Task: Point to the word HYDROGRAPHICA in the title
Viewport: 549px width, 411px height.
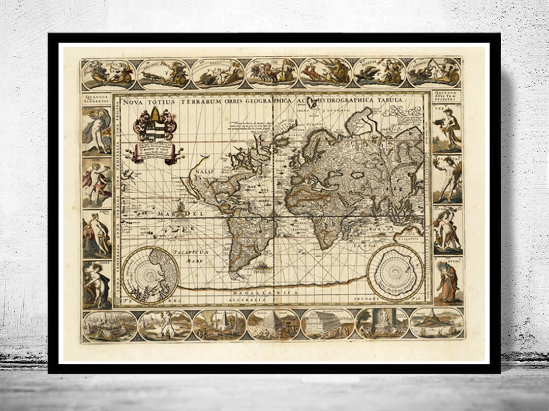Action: [x=347, y=100]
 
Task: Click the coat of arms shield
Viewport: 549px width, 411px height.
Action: [x=155, y=127]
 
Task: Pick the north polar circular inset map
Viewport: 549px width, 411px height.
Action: [x=150, y=275]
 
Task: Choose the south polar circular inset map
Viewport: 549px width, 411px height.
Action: [x=395, y=272]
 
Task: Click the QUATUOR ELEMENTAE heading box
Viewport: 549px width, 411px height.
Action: [x=97, y=98]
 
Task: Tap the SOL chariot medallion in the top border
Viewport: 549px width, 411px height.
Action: [x=271, y=73]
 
